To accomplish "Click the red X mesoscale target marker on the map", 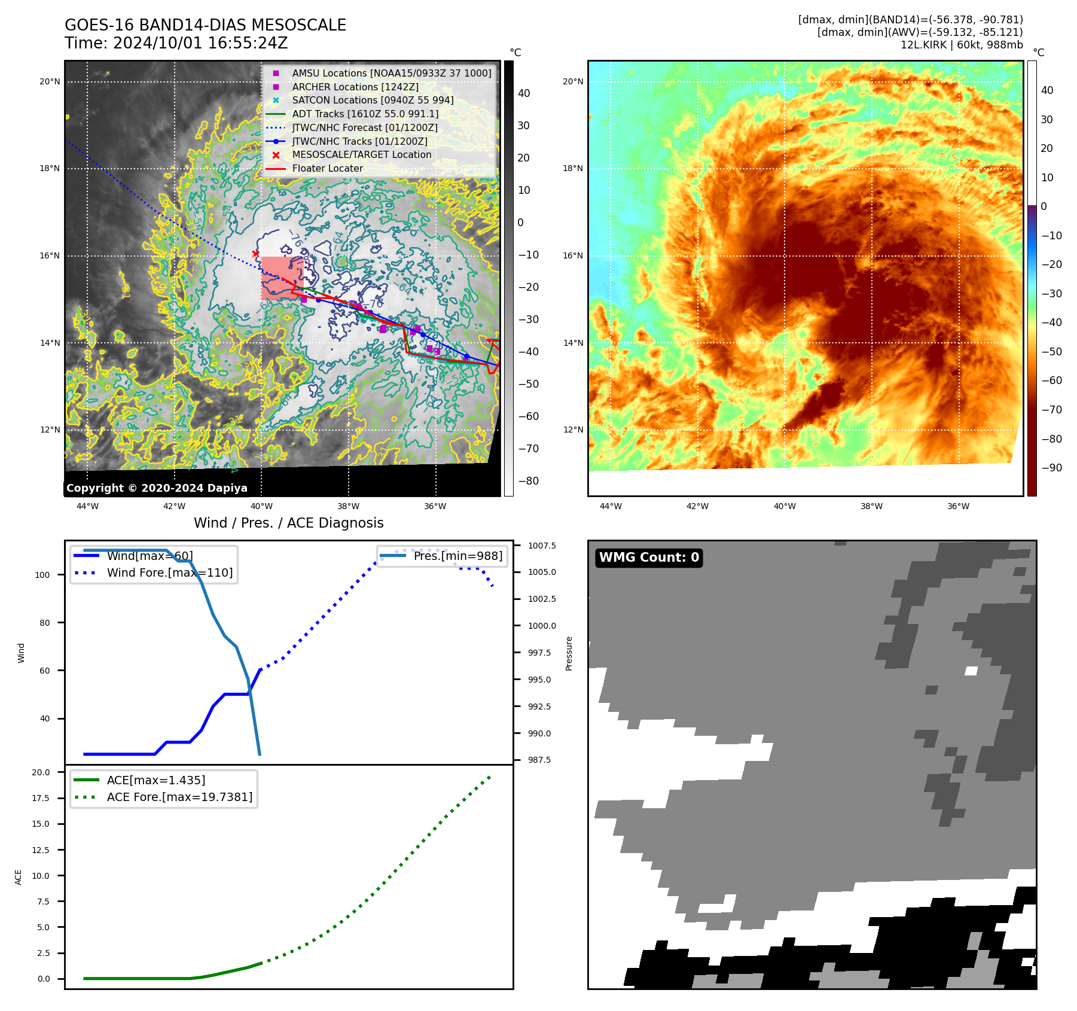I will click(x=255, y=254).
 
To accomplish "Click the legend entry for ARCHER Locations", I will click(x=355, y=87).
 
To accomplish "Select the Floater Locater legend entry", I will click(x=327, y=169).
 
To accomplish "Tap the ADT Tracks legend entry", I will click(x=365, y=114).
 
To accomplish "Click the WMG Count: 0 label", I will click(x=649, y=558).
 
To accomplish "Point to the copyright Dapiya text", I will click(x=157, y=488).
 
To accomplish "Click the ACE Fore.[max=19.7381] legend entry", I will click(x=179, y=797).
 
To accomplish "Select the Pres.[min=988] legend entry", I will click(x=457, y=556).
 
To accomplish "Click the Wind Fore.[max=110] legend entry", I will click(x=169, y=573).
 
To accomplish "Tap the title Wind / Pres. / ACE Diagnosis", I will click(x=288, y=523).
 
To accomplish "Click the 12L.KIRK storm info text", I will click(x=962, y=45).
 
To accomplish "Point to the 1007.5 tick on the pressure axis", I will click(x=542, y=546).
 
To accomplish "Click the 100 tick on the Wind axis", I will click(x=42, y=575).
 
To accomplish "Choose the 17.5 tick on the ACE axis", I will click(x=41, y=798).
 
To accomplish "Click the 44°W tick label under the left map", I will click(x=87, y=506).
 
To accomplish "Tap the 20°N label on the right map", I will click(x=573, y=81).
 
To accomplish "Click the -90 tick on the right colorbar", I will click(x=1051, y=468).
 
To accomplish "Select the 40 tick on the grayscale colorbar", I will click(x=524, y=93).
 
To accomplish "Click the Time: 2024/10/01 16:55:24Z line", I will click(x=176, y=43).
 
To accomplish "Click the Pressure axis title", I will click(x=569, y=653).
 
